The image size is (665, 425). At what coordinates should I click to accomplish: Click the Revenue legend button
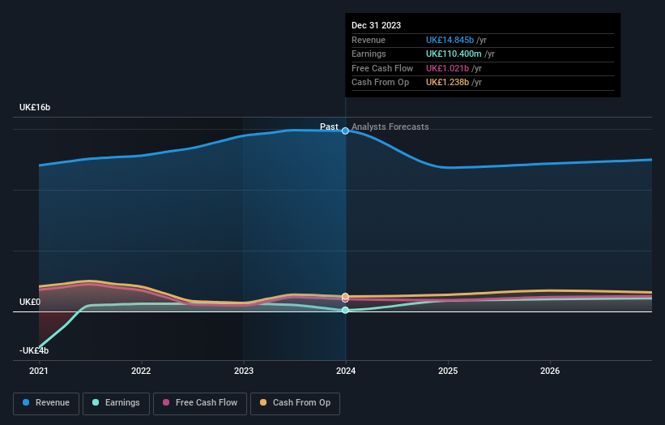click(46, 402)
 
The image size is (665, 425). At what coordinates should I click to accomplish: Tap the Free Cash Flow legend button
click(198, 402)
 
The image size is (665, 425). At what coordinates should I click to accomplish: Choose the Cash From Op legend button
click(296, 402)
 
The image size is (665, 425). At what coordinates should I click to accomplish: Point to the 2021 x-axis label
click(39, 371)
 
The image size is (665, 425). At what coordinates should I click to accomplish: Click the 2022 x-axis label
click(141, 371)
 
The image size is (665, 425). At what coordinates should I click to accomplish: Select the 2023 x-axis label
click(243, 371)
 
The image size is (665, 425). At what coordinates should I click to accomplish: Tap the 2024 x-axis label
click(346, 371)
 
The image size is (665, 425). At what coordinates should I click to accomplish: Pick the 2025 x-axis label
click(448, 371)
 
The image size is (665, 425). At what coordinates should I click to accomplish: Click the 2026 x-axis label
click(550, 371)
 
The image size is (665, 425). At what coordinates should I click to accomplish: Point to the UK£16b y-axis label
click(36, 107)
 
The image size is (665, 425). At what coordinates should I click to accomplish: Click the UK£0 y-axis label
click(30, 302)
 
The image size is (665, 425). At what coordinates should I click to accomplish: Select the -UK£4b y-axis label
click(34, 350)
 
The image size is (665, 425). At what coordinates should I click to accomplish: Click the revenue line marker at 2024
click(346, 131)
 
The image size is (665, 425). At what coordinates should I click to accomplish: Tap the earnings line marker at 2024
click(346, 310)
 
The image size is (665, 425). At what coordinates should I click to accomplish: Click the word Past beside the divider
click(329, 127)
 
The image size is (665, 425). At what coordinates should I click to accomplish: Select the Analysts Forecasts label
click(390, 127)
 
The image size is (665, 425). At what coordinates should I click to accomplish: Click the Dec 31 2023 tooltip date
click(376, 26)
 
